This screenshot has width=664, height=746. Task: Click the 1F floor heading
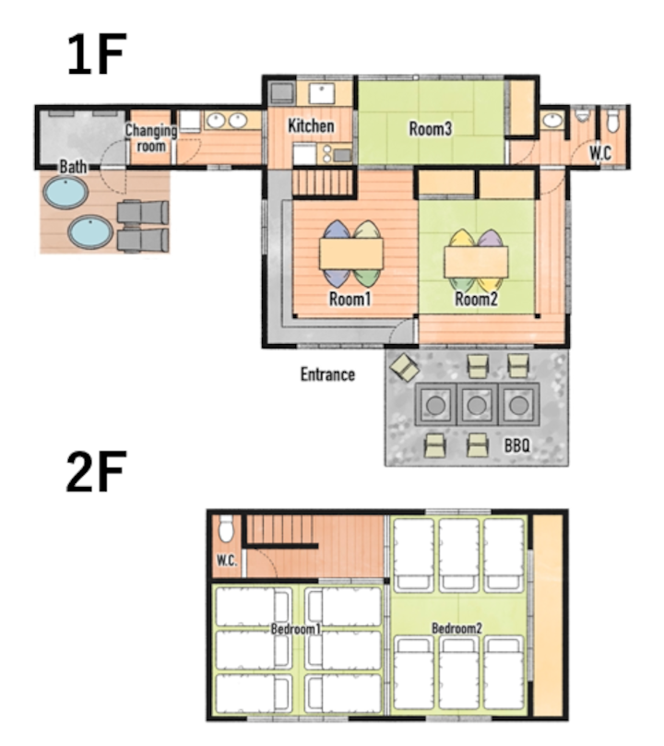point(97,54)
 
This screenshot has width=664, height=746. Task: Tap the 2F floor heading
point(97,471)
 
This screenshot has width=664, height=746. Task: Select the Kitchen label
point(311,126)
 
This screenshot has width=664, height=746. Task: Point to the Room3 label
point(431,128)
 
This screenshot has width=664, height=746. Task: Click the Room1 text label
point(350,299)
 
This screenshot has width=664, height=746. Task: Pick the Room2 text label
point(476,299)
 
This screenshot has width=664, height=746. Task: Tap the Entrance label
point(327,374)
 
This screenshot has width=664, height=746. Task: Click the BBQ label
point(517,445)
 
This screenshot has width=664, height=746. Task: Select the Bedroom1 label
point(296,629)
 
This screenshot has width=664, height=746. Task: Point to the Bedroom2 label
point(457,628)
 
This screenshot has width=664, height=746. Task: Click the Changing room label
point(151,138)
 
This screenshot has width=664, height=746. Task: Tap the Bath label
point(73,167)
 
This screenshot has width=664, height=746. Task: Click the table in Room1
point(351,254)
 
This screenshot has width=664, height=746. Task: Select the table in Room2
point(476,262)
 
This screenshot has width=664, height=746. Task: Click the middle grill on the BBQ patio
point(477,405)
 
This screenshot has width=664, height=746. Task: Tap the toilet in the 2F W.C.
point(226,529)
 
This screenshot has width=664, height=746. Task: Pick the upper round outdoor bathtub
point(65,193)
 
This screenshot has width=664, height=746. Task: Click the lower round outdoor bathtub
point(90,232)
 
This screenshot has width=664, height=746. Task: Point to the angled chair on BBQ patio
point(404,367)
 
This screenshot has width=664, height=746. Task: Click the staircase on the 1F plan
point(323,183)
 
